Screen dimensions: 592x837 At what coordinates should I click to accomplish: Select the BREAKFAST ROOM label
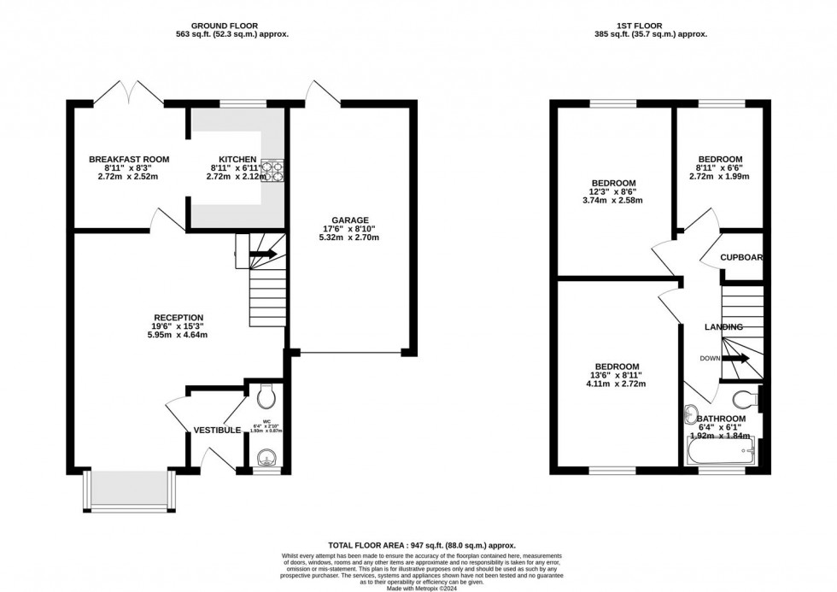129,160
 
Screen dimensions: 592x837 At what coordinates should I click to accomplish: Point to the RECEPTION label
179,318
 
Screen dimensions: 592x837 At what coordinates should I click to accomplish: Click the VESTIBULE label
216,430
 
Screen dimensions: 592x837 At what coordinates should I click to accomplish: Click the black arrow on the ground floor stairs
262,254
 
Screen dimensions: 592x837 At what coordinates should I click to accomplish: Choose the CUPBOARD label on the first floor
740,257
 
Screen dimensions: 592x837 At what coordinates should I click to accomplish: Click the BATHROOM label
720,419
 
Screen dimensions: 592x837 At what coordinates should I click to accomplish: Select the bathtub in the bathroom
719,448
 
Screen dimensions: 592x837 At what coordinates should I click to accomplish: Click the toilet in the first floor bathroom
747,396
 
